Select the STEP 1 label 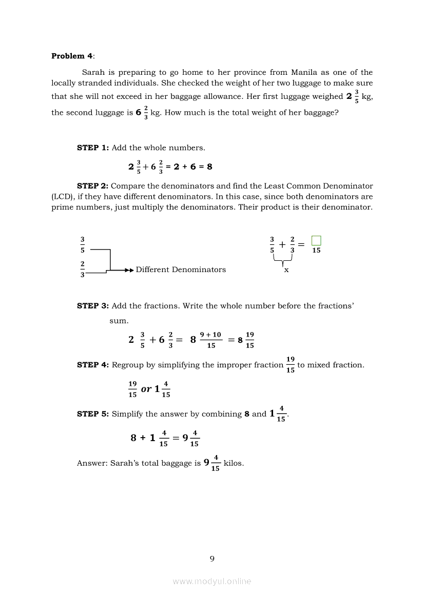click(93, 148)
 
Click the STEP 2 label click(93, 186)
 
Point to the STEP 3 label click(93, 305)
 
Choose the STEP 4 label click(93, 365)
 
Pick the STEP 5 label click(93, 414)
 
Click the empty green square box click(316, 240)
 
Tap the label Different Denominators click(181, 270)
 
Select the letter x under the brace click(286, 270)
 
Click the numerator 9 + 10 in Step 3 click(210, 335)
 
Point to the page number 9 click(212, 559)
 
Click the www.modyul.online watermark click(212, 581)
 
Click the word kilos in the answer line click(234, 463)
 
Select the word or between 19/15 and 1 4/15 click(146, 389)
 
